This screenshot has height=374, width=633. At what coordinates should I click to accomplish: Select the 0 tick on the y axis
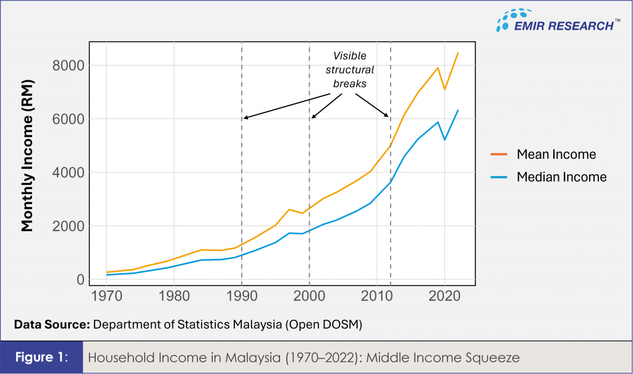point(80,280)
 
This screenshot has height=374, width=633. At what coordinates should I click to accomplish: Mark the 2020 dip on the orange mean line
point(444,90)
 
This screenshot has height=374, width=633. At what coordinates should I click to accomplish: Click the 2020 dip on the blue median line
point(444,140)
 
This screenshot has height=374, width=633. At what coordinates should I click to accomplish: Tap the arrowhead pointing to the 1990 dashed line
point(245,117)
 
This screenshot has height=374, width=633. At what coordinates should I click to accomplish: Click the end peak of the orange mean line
point(458,53)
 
